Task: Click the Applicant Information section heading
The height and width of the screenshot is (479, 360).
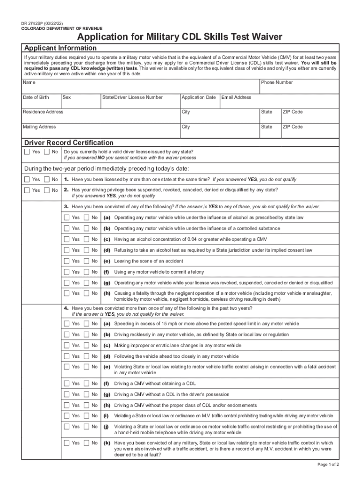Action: tap(60, 48)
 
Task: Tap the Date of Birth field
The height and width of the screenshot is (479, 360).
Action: tap(41, 102)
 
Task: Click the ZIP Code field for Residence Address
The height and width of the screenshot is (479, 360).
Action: tap(309, 117)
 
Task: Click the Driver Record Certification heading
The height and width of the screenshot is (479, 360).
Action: tap(69, 143)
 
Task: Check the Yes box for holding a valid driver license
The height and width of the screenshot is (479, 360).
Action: tap(27, 152)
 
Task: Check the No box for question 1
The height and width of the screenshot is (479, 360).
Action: tap(47, 180)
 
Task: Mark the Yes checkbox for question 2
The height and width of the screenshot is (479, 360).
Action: tap(27, 190)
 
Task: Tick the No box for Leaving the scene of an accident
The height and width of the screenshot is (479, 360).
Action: tap(86, 261)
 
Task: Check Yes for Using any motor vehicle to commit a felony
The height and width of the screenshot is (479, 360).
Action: tap(67, 272)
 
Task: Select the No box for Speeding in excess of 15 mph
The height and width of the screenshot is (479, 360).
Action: tap(86, 324)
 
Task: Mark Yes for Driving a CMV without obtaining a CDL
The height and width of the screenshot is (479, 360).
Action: tap(67, 384)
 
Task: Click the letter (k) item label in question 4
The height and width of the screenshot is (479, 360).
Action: tap(107, 443)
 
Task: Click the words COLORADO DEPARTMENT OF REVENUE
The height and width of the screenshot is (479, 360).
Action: tap(62, 29)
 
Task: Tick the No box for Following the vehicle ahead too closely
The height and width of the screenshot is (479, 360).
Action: tap(86, 356)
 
